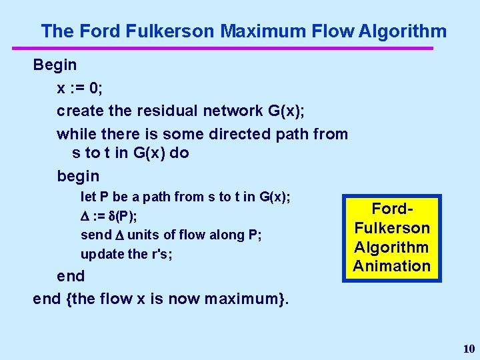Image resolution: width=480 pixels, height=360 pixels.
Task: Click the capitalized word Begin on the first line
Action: tap(55, 65)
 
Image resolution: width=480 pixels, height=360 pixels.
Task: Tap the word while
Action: tap(74, 134)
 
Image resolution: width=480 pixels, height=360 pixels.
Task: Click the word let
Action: tap(87, 197)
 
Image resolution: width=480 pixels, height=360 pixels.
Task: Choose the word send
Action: tap(95, 235)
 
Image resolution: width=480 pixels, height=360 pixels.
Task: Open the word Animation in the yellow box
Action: tap(392, 265)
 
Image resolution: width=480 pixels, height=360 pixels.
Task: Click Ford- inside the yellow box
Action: tap(392, 209)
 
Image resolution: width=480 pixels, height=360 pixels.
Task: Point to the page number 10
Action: tap(469, 349)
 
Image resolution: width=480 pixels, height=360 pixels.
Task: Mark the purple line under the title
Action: tap(223, 48)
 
